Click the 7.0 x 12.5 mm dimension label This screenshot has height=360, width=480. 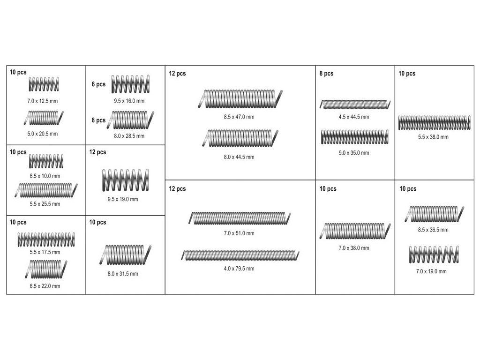pyautogui.click(x=42, y=101)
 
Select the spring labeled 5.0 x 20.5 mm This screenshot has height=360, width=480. pyautogui.click(x=44, y=118)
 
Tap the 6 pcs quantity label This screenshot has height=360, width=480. pyautogui.click(x=98, y=84)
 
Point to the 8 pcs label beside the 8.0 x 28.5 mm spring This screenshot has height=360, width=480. pyautogui.click(x=98, y=120)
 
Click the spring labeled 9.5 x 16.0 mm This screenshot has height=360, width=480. pyautogui.click(x=130, y=84)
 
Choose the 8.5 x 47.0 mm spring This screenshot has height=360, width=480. pyautogui.click(x=240, y=99)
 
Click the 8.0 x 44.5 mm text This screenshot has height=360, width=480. pyautogui.click(x=239, y=157)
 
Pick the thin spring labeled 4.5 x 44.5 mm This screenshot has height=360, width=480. pyautogui.click(x=355, y=105)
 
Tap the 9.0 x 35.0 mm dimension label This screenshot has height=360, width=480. pyautogui.click(x=353, y=153)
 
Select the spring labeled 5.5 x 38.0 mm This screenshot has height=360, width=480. pyautogui.click(x=435, y=122)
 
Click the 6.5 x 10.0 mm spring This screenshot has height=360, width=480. pyautogui.click(x=46, y=161)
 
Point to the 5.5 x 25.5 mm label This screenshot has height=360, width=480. pyautogui.click(x=45, y=204)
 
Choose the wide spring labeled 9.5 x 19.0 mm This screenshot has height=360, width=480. pyautogui.click(x=126, y=180)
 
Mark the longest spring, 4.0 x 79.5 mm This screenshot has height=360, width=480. pyautogui.click(x=240, y=255)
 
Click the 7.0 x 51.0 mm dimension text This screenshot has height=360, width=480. pyautogui.click(x=239, y=233)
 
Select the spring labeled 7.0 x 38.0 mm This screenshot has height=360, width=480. pyautogui.click(x=355, y=231)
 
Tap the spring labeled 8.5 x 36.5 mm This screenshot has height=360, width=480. pyautogui.click(x=435, y=214)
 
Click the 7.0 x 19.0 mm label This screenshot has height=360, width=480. pyautogui.click(x=431, y=271)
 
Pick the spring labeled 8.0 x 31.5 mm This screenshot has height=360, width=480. pyautogui.click(x=125, y=255)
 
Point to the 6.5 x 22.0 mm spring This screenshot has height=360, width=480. pyautogui.click(x=46, y=269)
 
